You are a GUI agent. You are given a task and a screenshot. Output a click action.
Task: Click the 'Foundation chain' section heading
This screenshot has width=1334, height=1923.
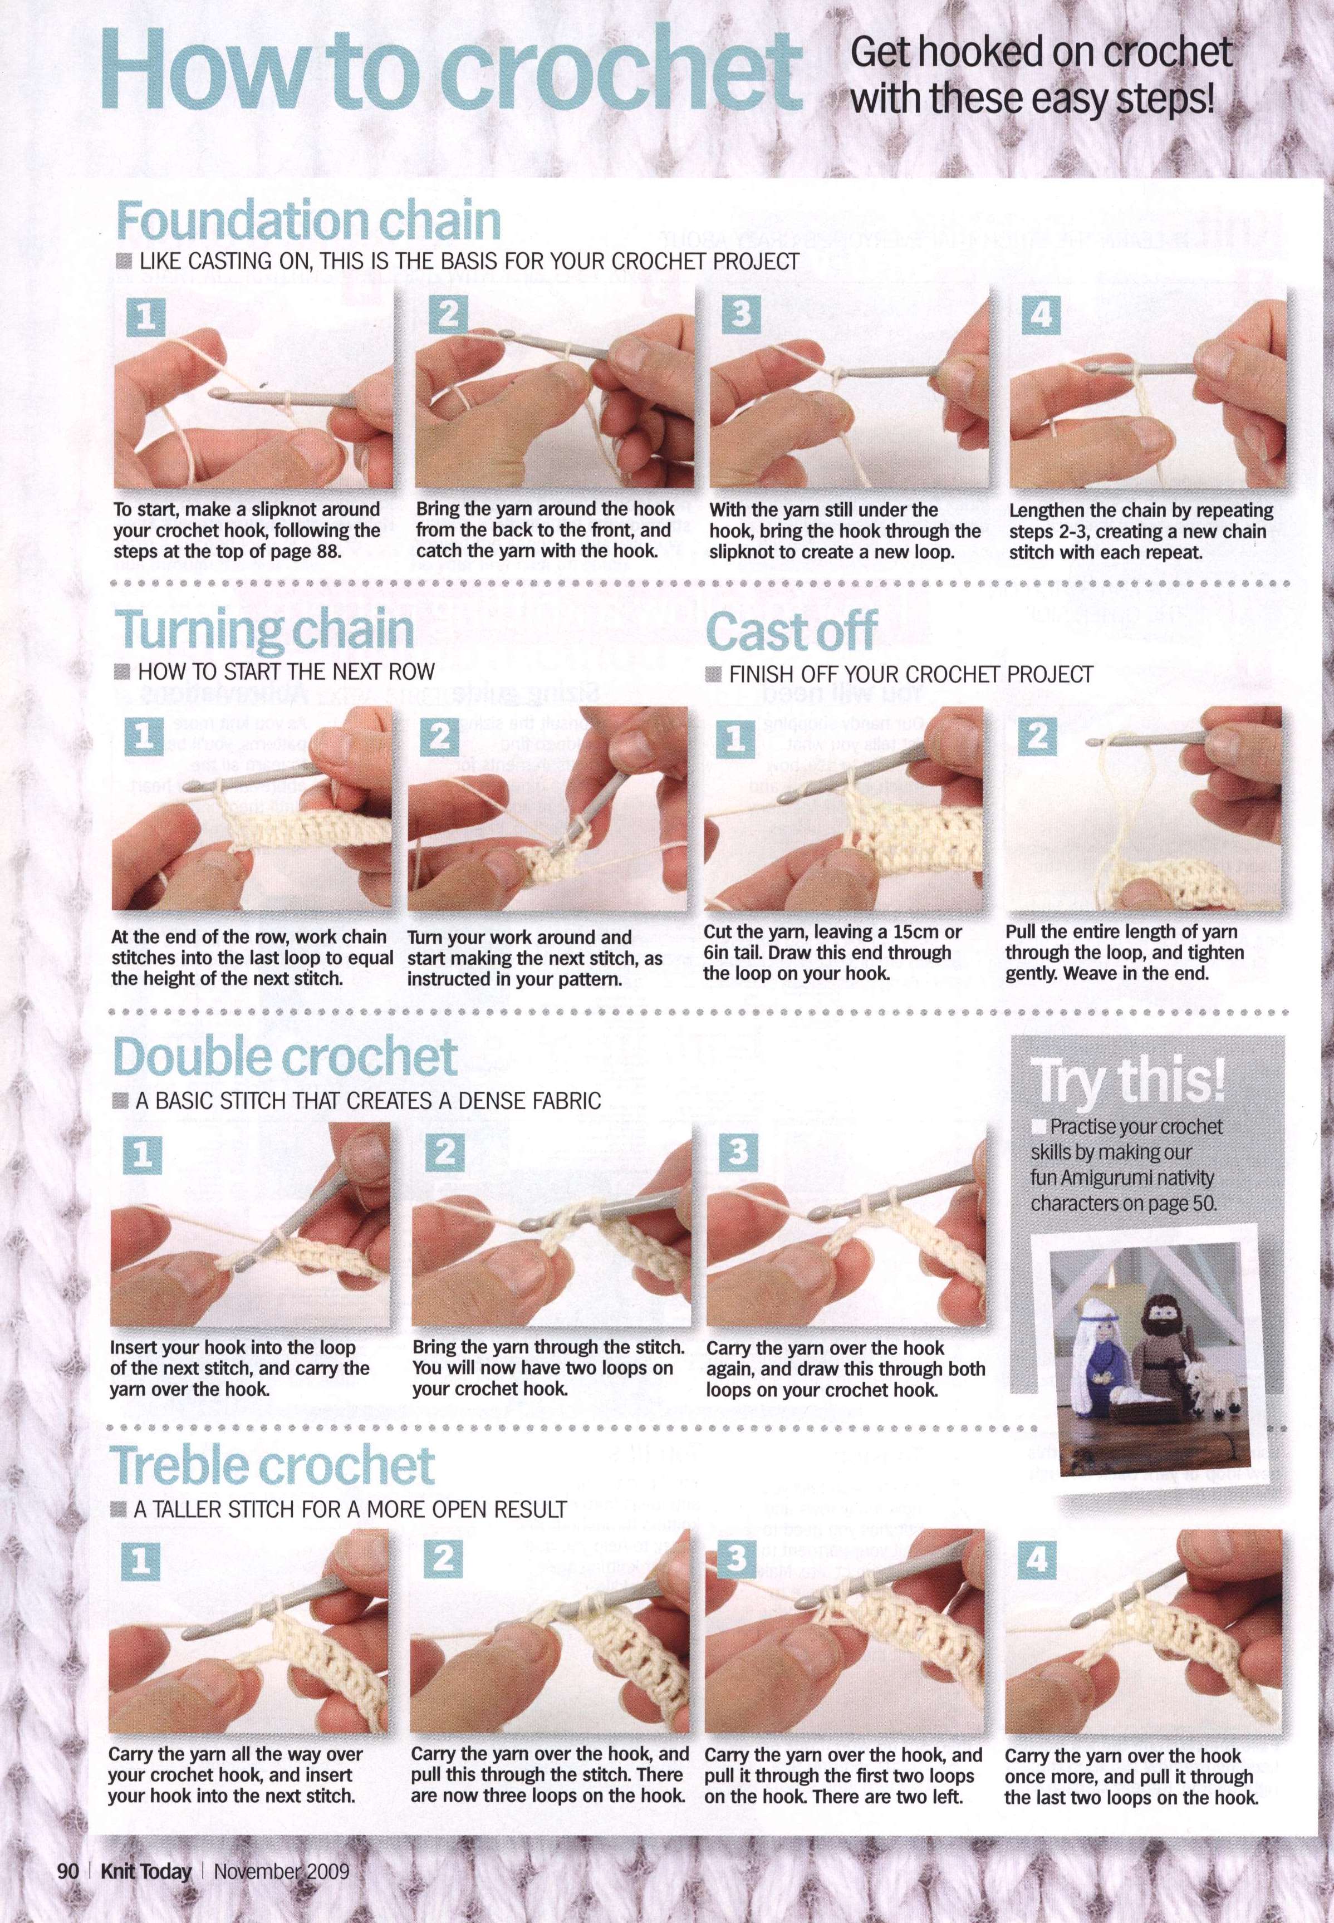point(307,220)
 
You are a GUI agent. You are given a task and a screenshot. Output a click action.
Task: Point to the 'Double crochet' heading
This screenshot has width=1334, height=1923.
point(285,1058)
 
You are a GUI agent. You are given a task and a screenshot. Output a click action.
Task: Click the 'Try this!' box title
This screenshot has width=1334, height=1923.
point(1129,1081)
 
